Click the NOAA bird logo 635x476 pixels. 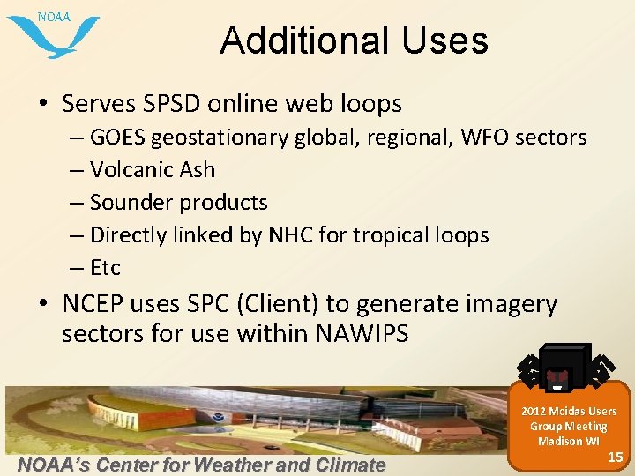tap(53, 33)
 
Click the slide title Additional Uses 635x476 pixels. tap(354, 41)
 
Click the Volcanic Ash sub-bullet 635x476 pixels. tap(152, 169)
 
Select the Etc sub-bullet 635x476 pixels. tap(105, 267)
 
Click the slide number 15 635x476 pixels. tap(615, 456)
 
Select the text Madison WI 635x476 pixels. tap(568, 441)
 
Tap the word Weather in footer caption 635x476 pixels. tap(232, 465)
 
